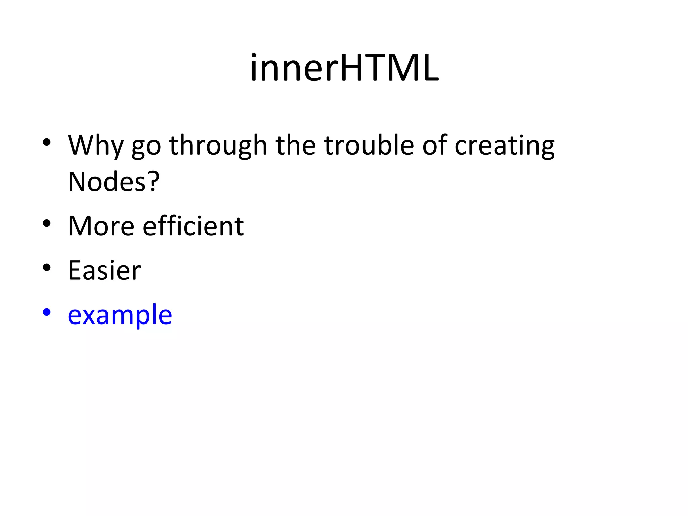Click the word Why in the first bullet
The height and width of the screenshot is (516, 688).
coord(95,145)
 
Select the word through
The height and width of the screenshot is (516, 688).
coord(218,145)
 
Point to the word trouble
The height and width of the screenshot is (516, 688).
coord(369,145)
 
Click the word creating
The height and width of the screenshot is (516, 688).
coord(504,146)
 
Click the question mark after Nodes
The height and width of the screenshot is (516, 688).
coord(153,182)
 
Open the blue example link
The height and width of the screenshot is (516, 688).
coord(120,315)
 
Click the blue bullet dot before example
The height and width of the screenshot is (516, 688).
coord(47,312)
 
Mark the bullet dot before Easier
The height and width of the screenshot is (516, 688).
coord(47,268)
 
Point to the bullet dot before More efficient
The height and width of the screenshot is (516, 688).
coord(47,223)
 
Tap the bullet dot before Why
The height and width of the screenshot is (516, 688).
coord(47,142)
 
